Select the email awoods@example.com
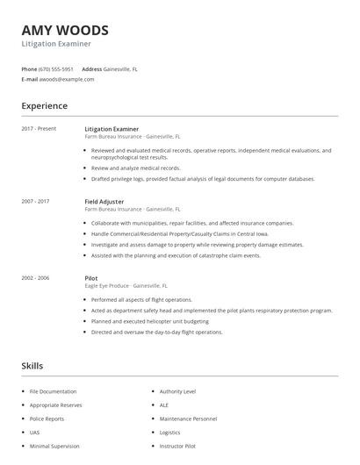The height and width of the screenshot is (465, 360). (x=67, y=79)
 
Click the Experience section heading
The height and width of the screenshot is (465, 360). (x=45, y=106)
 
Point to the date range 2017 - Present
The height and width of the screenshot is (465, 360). (x=39, y=129)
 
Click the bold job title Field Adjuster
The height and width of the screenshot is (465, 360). (x=104, y=202)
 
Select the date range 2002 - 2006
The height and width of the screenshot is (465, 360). (x=35, y=277)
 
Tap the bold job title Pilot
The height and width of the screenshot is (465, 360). (x=91, y=277)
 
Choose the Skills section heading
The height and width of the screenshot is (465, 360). (x=32, y=365)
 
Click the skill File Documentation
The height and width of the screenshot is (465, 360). (x=54, y=391)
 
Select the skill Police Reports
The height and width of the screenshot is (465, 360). (x=47, y=418)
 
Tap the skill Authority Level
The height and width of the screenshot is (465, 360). (x=178, y=391)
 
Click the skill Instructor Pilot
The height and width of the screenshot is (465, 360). (x=177, y=447)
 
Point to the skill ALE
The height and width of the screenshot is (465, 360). (x=164, y=405)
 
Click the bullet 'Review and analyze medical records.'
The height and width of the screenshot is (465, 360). (x=136, y=168)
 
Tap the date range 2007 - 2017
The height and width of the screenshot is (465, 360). (x=35, y=202)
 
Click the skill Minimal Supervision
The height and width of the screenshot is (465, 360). (x=54, y=447)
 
